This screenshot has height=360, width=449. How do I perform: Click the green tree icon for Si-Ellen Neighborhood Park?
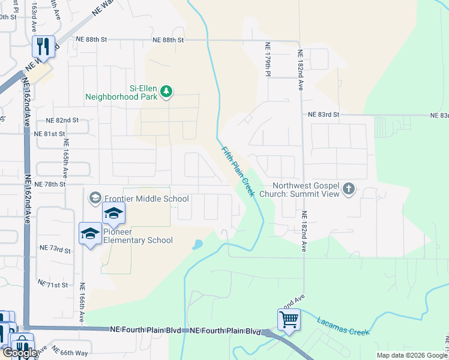point(166,92)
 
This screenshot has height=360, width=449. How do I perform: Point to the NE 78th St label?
point(50,184)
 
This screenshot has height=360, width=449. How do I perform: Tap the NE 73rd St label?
point(55,248)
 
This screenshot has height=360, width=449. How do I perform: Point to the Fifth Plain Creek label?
point(238,172)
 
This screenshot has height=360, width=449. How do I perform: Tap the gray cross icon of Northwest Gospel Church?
point(348,190)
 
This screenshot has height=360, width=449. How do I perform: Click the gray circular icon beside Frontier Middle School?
point(95,197)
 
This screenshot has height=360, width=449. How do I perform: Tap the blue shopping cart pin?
point(289,319)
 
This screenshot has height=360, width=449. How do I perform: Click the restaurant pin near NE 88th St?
point(43,46)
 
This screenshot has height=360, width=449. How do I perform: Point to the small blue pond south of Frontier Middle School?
point(197,245)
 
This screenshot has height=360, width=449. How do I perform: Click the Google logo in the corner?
point(20,353)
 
